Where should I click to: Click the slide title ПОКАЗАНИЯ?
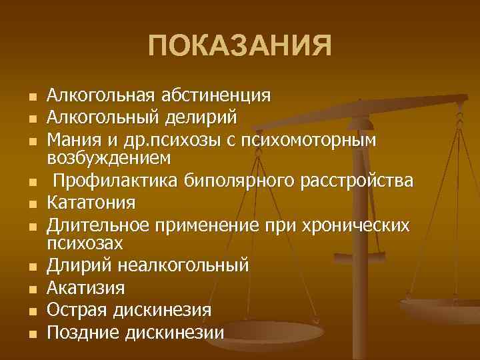pos(239,47)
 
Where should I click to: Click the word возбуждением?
pos(109,158)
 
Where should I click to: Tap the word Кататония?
pos(91,202)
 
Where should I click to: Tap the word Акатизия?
pos(85,288)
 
